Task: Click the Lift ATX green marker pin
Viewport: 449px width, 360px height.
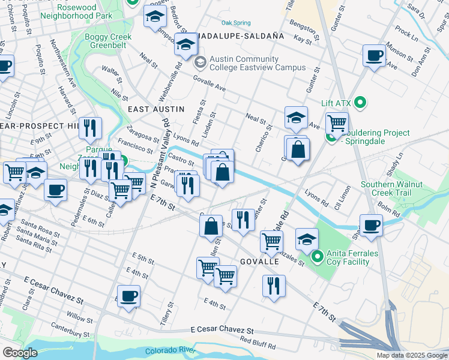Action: (x=360, y=103)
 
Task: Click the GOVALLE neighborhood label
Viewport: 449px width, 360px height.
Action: (x=259, y=262)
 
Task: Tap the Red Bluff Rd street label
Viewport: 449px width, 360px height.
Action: (x=258, y=343)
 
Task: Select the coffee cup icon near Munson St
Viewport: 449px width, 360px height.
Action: (x=375, y=56)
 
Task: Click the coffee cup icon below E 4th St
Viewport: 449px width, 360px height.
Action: (x=128, y=296)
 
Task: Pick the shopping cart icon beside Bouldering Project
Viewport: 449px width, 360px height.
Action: (x=337, y=124)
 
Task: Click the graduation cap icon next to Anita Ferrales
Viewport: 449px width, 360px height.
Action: (x=307, y=238)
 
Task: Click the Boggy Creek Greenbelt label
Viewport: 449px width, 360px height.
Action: (x=109, y=41)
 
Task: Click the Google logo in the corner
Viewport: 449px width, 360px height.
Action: (x=20, y=352)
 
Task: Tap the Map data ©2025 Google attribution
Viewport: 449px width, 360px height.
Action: (x=411, y=355)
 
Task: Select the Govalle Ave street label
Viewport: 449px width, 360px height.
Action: (x=209, y=83)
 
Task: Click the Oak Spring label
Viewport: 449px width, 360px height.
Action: (x=235, y=23)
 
